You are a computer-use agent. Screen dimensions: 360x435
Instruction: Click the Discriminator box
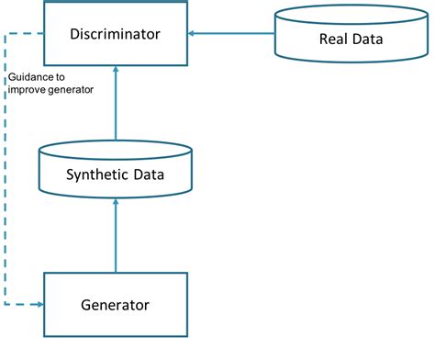(116, 34)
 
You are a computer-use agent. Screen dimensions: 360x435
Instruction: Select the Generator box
(116, 303)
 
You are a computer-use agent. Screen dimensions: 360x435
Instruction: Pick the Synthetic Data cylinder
(116, 169)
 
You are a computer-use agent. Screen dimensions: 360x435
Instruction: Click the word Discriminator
(116, 34)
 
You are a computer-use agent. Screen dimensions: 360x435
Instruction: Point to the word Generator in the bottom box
(116, 303)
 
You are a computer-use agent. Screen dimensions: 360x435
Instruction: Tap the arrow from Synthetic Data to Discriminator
(116, 106)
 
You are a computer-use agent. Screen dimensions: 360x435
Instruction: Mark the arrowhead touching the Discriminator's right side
(193, 34)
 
